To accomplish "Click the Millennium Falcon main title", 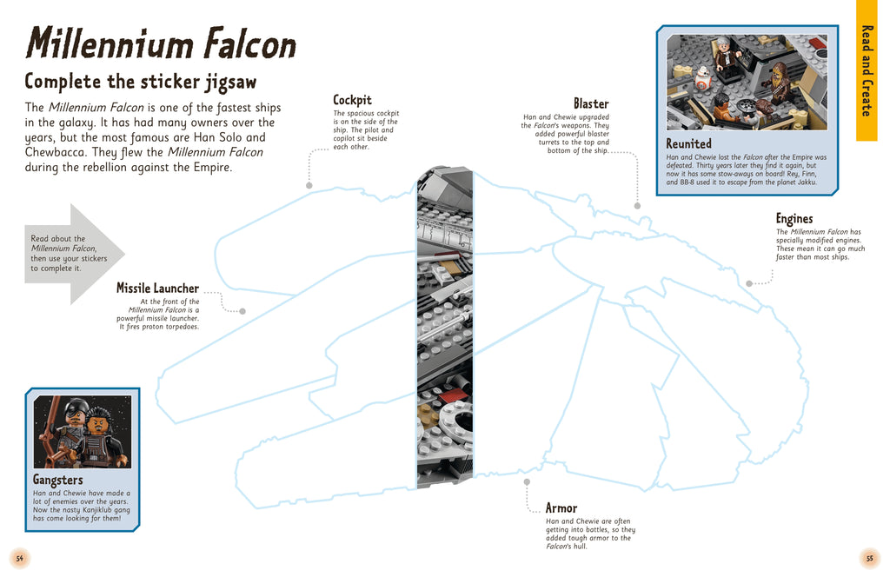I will pyautogui.click(x=161, y=43).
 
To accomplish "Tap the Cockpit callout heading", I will pyautogui.click(x=352, y=100).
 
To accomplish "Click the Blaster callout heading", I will pyautogui.click(x=591, y=103).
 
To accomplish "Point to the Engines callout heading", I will pyautogui.click(x=794, y=219).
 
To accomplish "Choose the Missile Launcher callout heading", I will pyautogui.click(x=157, y=288).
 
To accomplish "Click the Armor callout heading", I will pyautogui.click(x=561, y=508).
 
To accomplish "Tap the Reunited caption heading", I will pyautogui.click(x=688, y=143).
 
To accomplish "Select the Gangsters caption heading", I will pyautogui.click(x=58, y=480).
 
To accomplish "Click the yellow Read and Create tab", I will pyautogui.click(x=867, y=70).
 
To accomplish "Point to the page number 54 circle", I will pyautogui.click(x=19, y=558).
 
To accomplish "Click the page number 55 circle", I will pyautogui.click(x=868, y=558).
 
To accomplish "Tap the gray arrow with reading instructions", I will pyautogui.click(x=74, y=254).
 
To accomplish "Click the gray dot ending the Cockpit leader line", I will pyautogui.click(x=309, y=185).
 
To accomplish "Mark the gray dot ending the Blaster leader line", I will pyautogui.click(x=637, y=206).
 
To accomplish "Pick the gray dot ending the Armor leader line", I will pyautogui.click(x=526, y=481).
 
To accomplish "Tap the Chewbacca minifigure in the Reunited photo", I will pyautogui.click(x=780, y=80).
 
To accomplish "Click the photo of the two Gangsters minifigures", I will pyautogui.click(x=82, y=432).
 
